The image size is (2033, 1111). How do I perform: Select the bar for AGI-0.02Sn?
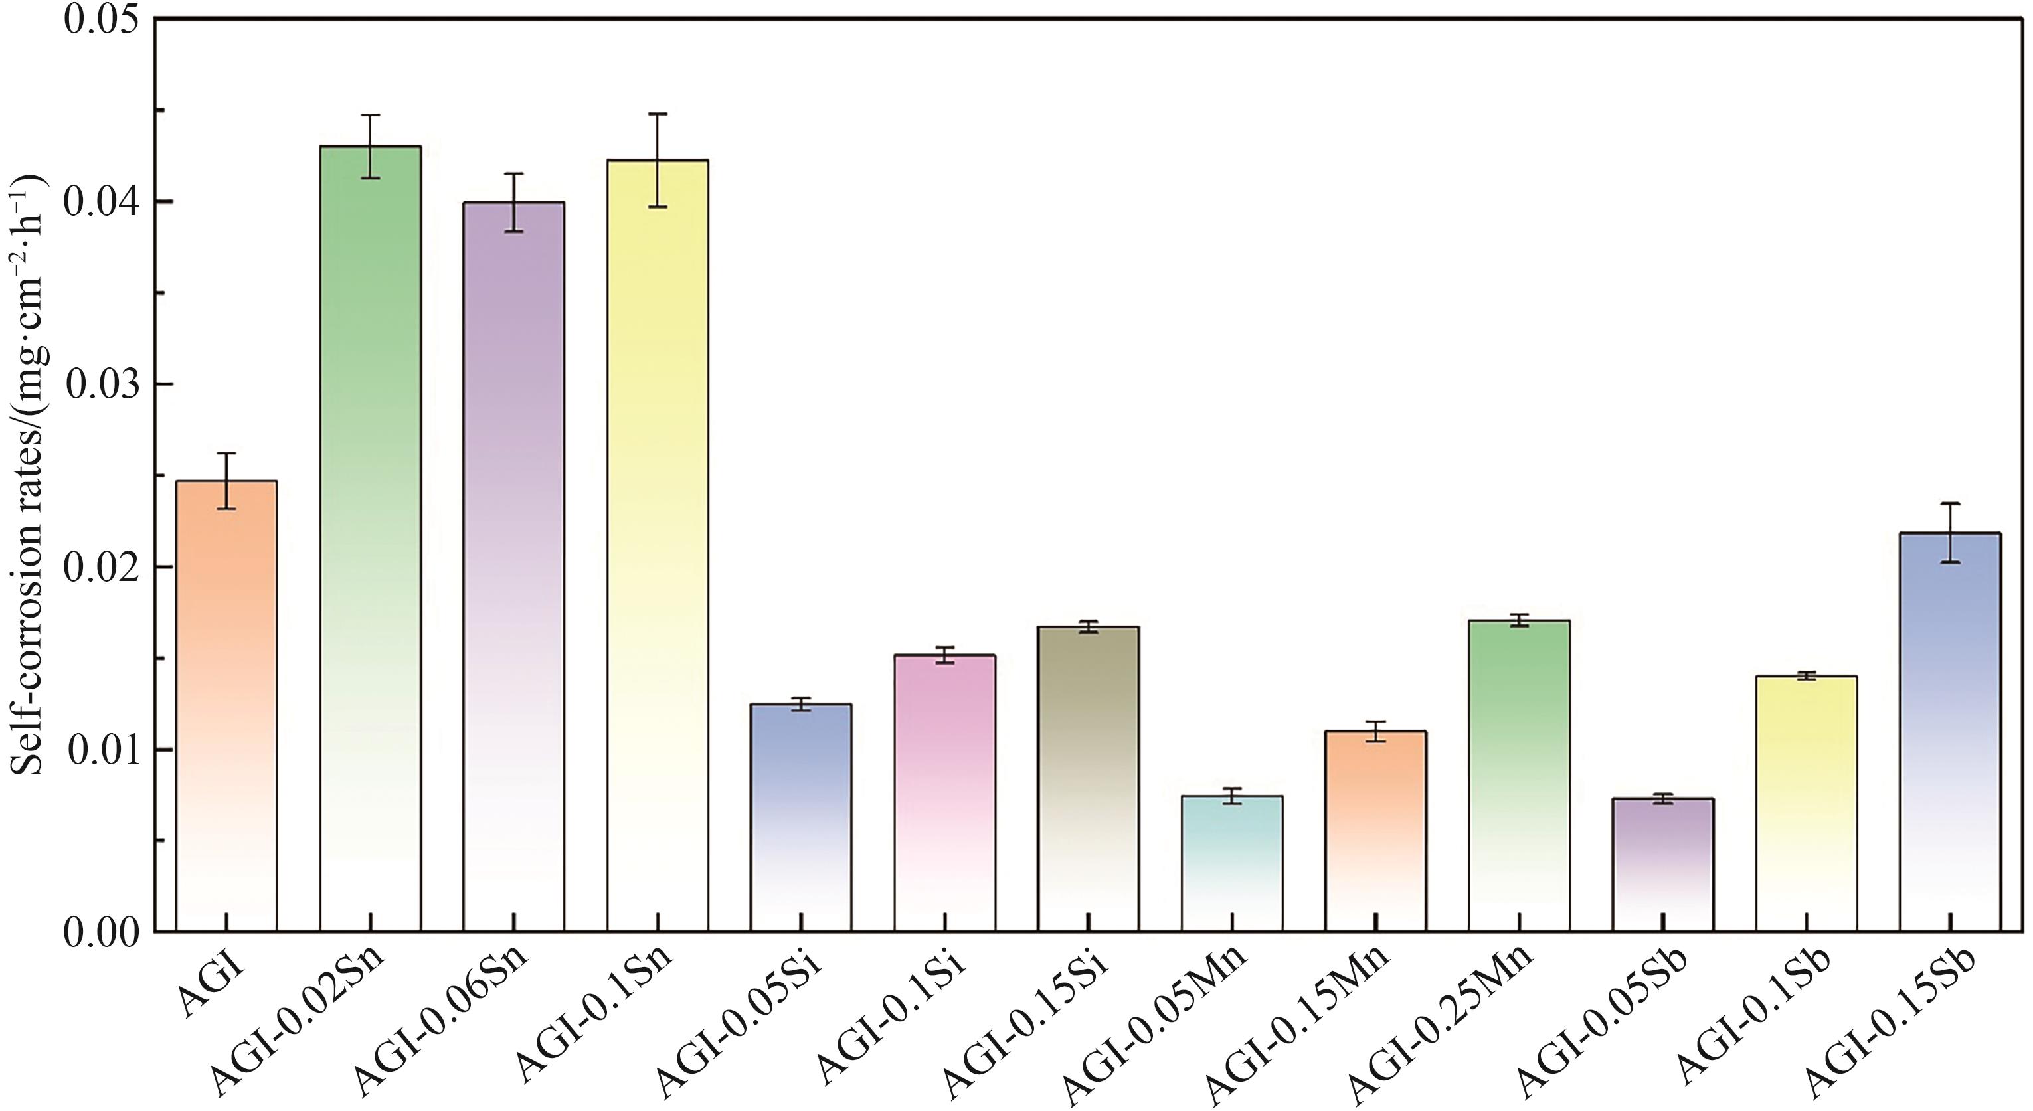[370, 537]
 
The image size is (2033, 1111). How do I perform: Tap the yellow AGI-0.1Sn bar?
[658, 545]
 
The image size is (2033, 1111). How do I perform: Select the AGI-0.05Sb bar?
[1663, 864]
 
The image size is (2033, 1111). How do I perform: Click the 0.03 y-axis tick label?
[102, 385]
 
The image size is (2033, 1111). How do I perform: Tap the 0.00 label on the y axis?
[102, 932]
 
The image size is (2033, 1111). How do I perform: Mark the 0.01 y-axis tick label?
[102, 750]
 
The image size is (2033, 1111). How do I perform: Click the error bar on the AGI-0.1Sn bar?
[658, 160]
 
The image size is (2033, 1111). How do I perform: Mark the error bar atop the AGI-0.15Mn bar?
[1375, 731]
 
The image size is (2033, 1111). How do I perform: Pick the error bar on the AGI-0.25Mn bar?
[1519, 620]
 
